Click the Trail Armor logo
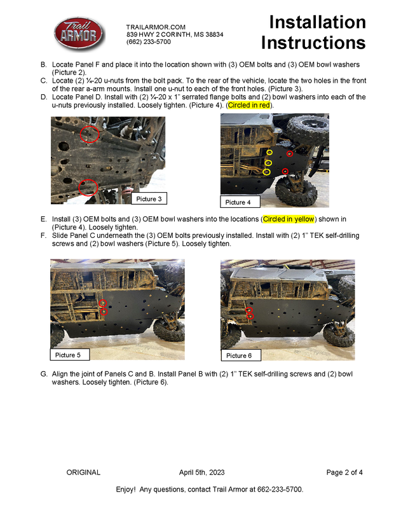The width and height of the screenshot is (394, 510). (x=77, y=34)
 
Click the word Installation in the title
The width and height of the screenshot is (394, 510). (x=317, y=22)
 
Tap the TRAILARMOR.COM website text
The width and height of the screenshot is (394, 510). (x=156, y=27)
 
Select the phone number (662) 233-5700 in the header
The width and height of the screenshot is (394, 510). (x=149, y=41)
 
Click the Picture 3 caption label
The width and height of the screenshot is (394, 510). (x=149, y=199)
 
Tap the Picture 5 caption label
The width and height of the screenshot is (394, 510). (x=69, y=355)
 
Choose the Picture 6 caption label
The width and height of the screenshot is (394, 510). (x=240, y=355)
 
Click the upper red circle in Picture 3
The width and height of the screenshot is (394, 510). (x=90, y=134)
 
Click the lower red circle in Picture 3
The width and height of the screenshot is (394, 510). (x=88, y=188)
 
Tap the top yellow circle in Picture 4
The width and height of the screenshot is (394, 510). (x=269, y=153)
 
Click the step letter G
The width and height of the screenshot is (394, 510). (x=43, y=375)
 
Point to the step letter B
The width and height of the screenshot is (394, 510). (x=43, y=65)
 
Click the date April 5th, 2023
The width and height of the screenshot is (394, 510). (x=201, y=472)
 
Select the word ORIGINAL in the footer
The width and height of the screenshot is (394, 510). (x=83, y=472)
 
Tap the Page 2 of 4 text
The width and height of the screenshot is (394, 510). (x=344, y=472)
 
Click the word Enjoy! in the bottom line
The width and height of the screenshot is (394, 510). (x=126, y=490)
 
